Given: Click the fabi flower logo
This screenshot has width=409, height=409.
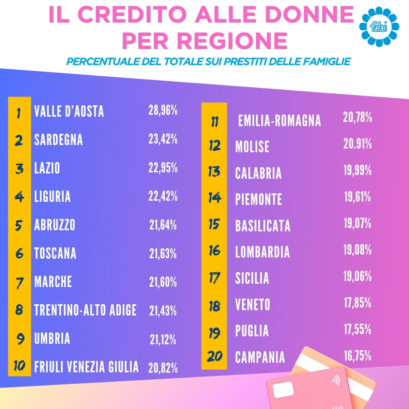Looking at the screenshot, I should [379, 26].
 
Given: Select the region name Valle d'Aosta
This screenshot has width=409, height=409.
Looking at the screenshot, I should [69, 111].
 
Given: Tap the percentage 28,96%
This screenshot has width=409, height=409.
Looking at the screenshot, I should [163, 110].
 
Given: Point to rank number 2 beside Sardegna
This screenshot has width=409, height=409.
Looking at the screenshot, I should [19, 140].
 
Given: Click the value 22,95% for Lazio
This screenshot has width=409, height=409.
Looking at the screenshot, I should [163, 168].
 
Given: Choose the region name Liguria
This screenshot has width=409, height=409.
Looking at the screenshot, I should [52, 197].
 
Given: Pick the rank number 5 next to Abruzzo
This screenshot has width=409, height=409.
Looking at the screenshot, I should [19, 225].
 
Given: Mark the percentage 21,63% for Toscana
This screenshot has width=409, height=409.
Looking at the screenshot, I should [163, 254].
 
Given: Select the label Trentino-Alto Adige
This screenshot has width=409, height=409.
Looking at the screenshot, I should [85, 310].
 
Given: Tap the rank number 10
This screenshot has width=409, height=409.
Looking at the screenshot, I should [19, 366].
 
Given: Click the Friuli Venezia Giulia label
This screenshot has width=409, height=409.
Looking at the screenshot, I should [86, 367].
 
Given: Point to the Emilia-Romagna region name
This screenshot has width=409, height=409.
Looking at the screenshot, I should [279, 121].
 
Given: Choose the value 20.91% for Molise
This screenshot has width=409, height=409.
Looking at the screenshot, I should [357, 144].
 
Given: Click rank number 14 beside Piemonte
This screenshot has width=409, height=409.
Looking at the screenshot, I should [214, 198].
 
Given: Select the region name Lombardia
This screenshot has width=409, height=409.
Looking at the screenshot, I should [262, 252].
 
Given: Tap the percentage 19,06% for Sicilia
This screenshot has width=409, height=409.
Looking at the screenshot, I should [357, 276].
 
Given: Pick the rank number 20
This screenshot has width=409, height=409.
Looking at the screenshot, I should [214, 357].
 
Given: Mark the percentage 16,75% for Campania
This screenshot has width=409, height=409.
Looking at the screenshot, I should [357, 356].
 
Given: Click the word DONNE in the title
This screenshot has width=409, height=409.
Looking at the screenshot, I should [309, 14].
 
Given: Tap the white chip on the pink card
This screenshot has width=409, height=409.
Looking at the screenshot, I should [283, 390].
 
